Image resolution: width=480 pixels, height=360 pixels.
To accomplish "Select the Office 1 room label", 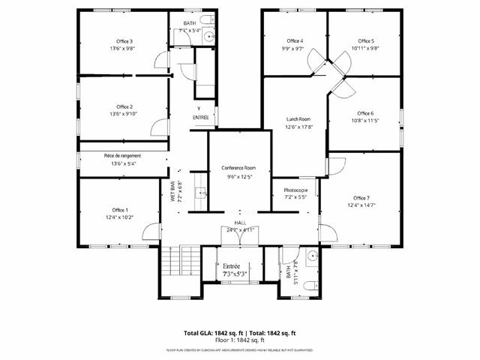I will click(120, 209).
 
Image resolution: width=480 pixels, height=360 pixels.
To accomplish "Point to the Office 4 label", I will click(295, 40).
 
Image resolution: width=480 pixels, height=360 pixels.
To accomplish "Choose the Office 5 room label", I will click(365, 40).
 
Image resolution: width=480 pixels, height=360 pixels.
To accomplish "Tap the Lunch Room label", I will click(298, 119).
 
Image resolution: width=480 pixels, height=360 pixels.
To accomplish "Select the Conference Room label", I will click(238, 168).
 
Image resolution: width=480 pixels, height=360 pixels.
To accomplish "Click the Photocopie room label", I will click(296, 190).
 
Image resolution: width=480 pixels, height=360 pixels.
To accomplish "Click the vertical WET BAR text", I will click(172, 191).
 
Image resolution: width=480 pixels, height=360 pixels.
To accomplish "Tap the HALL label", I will click(240, 223).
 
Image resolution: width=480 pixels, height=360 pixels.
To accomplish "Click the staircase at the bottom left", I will click(173, 262).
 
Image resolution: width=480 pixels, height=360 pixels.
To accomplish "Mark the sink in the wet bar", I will click(202, 193).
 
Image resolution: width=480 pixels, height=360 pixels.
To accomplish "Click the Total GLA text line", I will click(240, 333).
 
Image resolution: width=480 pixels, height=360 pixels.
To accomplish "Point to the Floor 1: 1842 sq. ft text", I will click(240, 340).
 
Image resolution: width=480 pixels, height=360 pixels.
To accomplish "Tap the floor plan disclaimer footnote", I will click(240, 350).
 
